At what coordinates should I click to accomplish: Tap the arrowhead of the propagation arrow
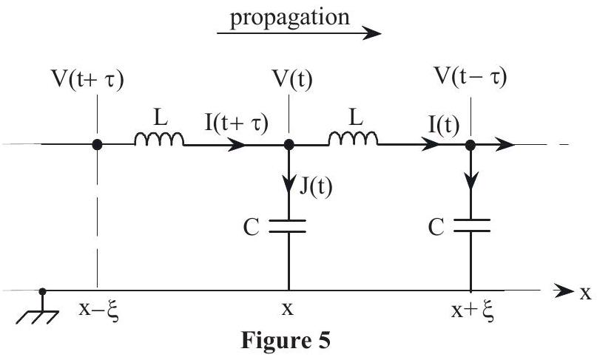pos(371,33)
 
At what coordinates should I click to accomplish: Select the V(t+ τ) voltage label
pos(87,81)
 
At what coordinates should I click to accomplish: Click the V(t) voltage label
pos(292,81)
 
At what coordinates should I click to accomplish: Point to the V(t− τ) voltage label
pos(471,78)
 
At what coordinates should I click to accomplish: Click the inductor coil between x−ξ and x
pos(159,139)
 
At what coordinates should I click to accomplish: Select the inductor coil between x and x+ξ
pos(354,139)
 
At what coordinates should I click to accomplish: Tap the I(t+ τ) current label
pos(237,123)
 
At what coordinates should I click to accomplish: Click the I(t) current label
pos(444,125)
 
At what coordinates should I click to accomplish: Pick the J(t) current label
pos(316,186)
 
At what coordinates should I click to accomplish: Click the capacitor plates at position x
pos(288,226)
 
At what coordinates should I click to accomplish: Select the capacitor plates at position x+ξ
pos(471,225)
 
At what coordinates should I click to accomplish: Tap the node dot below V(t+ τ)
pos(97,145)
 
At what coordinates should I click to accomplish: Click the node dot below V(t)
pos(289,145)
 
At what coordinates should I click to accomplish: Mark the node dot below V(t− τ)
pos(470,145)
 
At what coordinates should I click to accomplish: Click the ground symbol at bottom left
pos(37,310)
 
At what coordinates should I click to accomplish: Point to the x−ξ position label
pos(99,310)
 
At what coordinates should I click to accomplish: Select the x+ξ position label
pos(473,311)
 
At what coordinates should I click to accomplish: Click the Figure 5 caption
pos(286,340)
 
